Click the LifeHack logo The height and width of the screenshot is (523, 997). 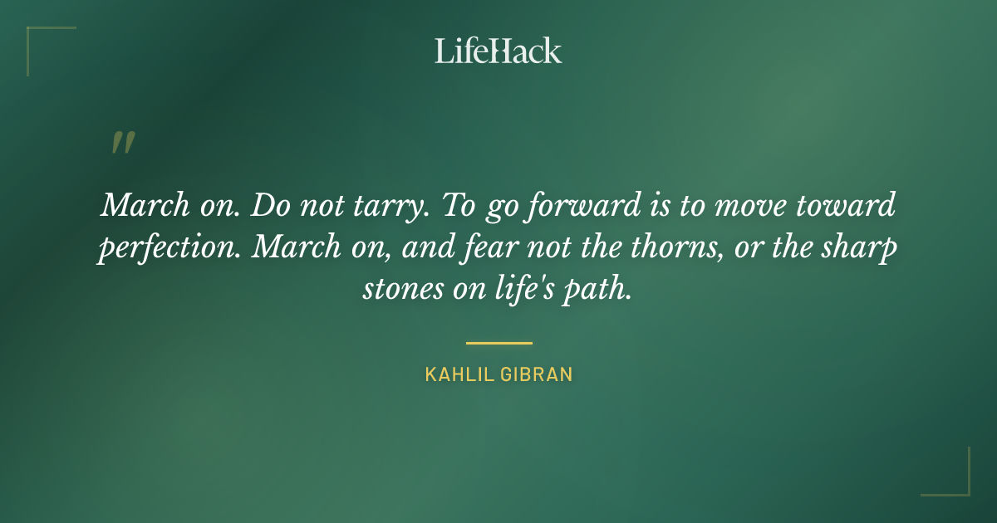(x=498, y=51)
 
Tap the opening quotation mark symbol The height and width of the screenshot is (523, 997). (x=123, y=143)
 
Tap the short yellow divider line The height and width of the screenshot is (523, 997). (x=498, y=342)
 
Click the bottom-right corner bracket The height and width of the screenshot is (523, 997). (x=955, y=481)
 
